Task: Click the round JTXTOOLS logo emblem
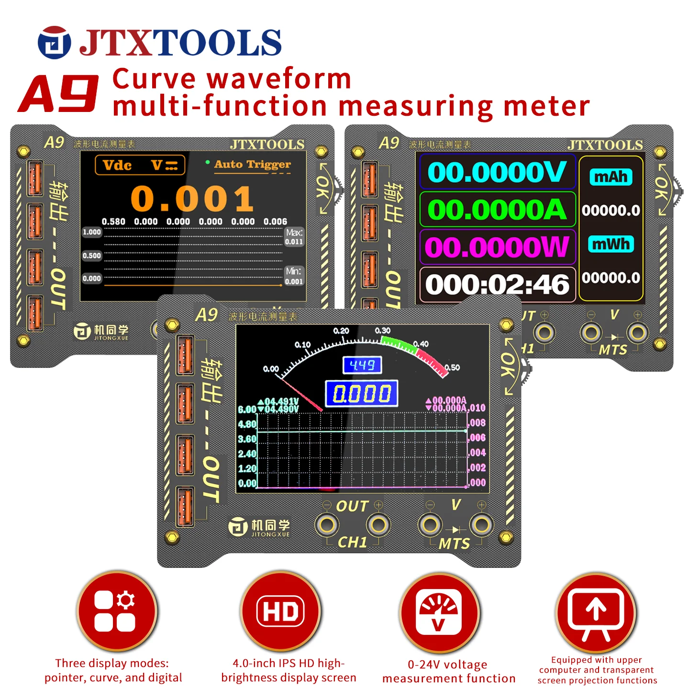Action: tap(54, 43)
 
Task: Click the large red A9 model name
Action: tap(58, 94)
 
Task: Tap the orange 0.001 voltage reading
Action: tap(192, 199)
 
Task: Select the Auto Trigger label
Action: tap(252, 164)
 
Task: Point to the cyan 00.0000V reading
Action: tap(497, 172)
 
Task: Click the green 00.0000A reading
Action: tap(497, 210)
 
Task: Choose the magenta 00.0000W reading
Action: tap(497, 247)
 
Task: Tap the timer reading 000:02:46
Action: tap(497, 285)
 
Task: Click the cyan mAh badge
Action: tap(611, 177)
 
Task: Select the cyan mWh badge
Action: tap(611, 244)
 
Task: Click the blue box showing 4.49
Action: tap(362, 366)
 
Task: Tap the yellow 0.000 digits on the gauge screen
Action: tap(362, 394)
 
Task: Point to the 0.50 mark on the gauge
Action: tap(452, 367)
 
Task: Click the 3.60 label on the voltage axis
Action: tap(247, 439)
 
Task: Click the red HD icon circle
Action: tap(280, 611)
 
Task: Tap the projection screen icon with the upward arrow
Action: tap(596, 612)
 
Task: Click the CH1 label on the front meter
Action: tap(352, 542)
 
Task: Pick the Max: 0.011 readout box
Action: tap(294, 237)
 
